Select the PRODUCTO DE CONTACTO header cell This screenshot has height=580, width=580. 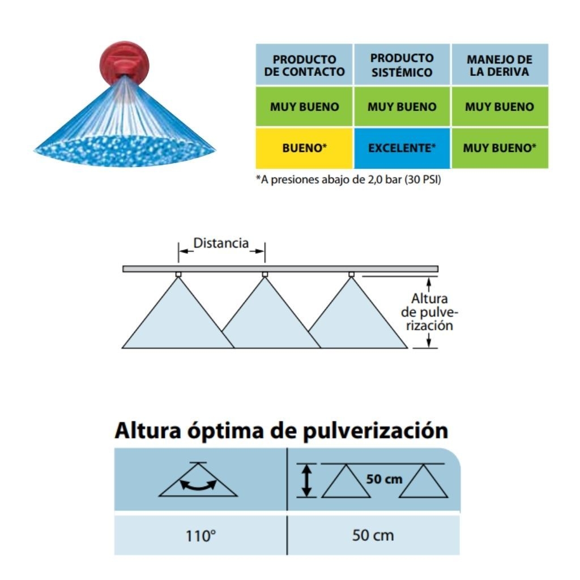click(304, 65)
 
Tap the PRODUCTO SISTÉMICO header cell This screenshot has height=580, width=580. click(402, 65)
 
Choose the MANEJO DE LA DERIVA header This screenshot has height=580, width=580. click(500, 65)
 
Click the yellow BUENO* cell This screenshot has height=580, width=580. click(304, 148)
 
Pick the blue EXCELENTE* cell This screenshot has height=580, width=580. click(402, 148)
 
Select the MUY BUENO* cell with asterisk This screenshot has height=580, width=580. click(500, 148)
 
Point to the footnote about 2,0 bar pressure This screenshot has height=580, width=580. click(348, 180)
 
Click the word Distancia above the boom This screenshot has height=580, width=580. click(221, 243)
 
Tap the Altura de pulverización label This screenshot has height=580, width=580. click(429, 312)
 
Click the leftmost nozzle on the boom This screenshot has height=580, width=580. click(178, 274)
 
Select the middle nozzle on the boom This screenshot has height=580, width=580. click(265, 274)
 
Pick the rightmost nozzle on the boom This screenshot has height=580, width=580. click(351, 274)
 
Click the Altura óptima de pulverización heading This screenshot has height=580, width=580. click(282, 430)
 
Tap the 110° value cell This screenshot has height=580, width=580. click(201, 535)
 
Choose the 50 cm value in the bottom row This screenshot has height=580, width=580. click(373, 535)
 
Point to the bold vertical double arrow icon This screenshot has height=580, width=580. click(306, 480)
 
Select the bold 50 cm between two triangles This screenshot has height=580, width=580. click(384, 479)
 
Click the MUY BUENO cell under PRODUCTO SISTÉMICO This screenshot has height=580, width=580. click(402, 106)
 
